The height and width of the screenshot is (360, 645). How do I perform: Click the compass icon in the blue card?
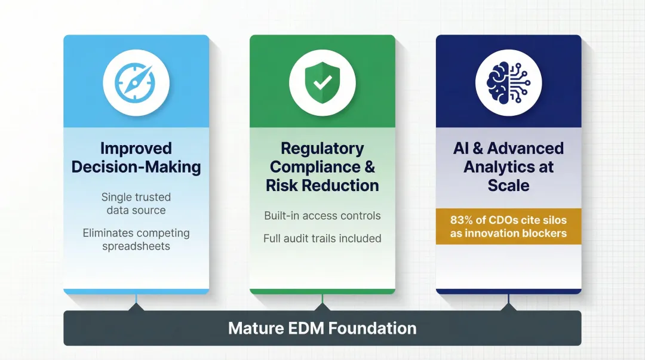pyautogui.click(x=136, y=82)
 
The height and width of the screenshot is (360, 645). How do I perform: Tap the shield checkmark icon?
pyautogui.click(x=322, y=82)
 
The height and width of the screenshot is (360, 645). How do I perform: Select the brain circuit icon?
pyautogui.click(x=508, y=82)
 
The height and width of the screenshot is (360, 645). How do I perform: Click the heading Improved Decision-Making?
pyautogui.click(x=136, y=157)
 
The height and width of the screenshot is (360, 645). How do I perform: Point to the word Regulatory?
pyautogui.click(x=322, y=148)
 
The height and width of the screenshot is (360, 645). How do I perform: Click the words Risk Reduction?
pyautogui.click(x=322, y=185)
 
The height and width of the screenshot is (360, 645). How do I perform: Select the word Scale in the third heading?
pyautogui.click(x=508, y=185)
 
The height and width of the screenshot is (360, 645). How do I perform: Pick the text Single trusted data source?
pyautogui.click(x=136, y=204)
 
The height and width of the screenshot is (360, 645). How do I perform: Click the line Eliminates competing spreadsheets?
pyautogui.click(x=136, y=239)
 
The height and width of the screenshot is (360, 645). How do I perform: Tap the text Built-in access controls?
pyautogui.click(x=322, y=216)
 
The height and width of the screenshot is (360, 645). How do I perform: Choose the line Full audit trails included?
pyautogui.click(x=322, y=238)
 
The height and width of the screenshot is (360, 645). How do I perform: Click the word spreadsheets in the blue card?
pyautogui.click(x=136, y=245)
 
